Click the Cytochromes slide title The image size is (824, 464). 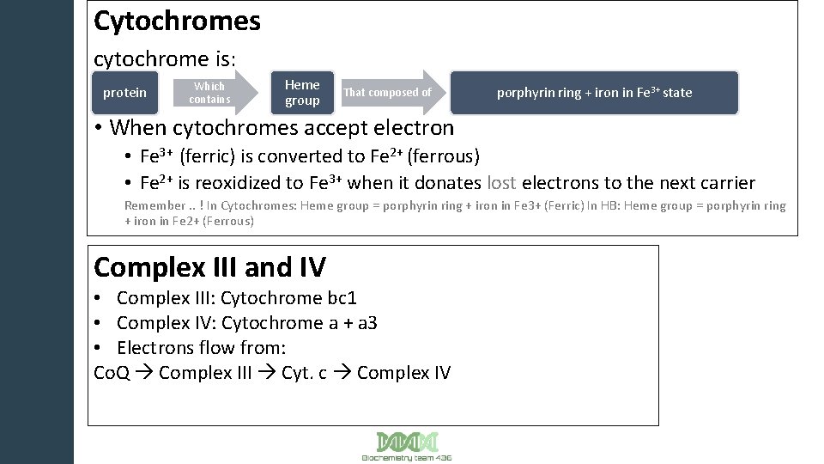point(177,21)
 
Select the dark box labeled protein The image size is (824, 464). point(124,93)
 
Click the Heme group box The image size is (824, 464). point(302,93)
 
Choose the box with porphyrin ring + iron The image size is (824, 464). point(594,93)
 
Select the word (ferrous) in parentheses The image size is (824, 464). point(443,156)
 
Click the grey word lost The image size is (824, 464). point(501,182)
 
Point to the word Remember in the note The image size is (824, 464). point(154,205)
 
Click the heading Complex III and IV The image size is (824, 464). point(209,268)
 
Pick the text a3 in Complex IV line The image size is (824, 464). point(366,323)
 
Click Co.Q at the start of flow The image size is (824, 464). point(112,373)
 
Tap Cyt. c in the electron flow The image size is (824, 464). point(304,373)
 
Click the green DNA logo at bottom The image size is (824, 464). point(407,442)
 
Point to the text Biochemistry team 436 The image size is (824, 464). point(407,458)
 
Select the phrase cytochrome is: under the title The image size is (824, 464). point(165,59)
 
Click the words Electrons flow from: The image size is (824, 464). point(201,348)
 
